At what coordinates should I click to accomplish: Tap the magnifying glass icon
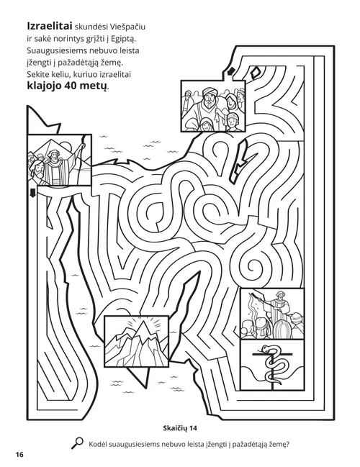(78, 445)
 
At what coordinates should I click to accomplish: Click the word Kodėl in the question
(100, 445)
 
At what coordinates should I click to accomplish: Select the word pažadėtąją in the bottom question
(236, 445)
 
